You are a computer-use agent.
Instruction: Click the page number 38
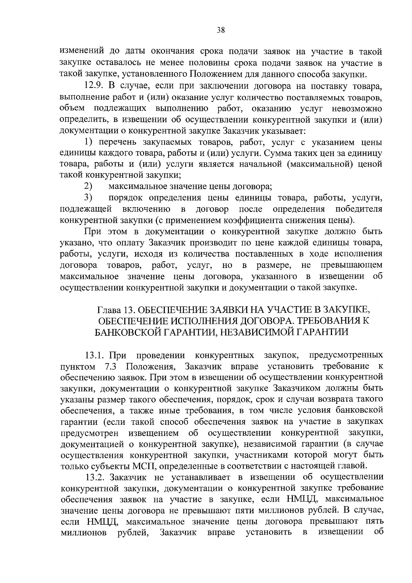pos(221,30)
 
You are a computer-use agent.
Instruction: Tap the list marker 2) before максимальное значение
pos(88,187)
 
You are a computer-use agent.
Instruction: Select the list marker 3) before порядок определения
pos(88,198)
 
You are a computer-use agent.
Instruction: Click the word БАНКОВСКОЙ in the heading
pos(129,332)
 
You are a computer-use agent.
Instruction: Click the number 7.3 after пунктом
pos(110,366)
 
